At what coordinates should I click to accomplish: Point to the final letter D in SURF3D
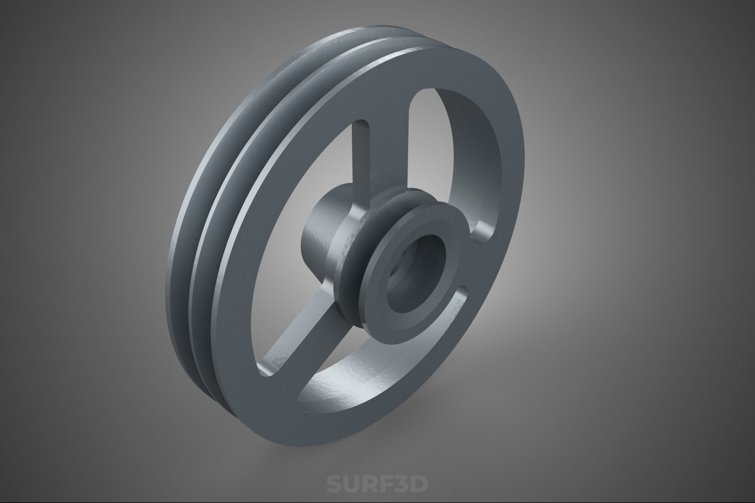click(418, 483)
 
